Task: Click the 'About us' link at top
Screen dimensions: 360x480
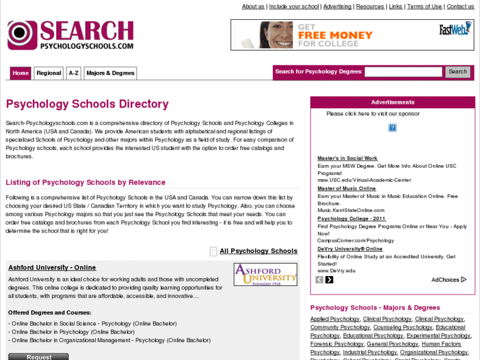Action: coord(253,7)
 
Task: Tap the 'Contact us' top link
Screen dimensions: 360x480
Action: coord(460,7)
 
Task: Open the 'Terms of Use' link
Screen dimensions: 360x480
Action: coord(425,7)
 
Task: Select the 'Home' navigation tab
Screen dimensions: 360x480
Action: coord(20,73)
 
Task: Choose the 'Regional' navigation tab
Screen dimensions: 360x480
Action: coord(49,73)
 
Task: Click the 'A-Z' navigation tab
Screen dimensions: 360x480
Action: coord(73,73)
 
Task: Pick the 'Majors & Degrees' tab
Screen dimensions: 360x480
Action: coord(110,73)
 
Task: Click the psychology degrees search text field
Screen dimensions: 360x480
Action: coord(403,72)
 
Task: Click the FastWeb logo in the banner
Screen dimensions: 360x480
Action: coord(454,30)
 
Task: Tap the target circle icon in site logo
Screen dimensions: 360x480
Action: coord(22,35)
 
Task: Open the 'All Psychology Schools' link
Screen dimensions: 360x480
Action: coord(258,251)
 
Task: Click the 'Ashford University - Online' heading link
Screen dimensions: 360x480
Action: coord(52,268)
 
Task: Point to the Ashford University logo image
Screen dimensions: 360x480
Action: coord(265,275)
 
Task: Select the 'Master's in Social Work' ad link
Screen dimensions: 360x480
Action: coord(347,159)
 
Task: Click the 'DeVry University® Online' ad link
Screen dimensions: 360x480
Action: coord(350,249)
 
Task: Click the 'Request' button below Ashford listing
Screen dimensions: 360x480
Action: coord(38,357)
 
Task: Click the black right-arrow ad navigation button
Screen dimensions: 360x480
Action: coord(329,279)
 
